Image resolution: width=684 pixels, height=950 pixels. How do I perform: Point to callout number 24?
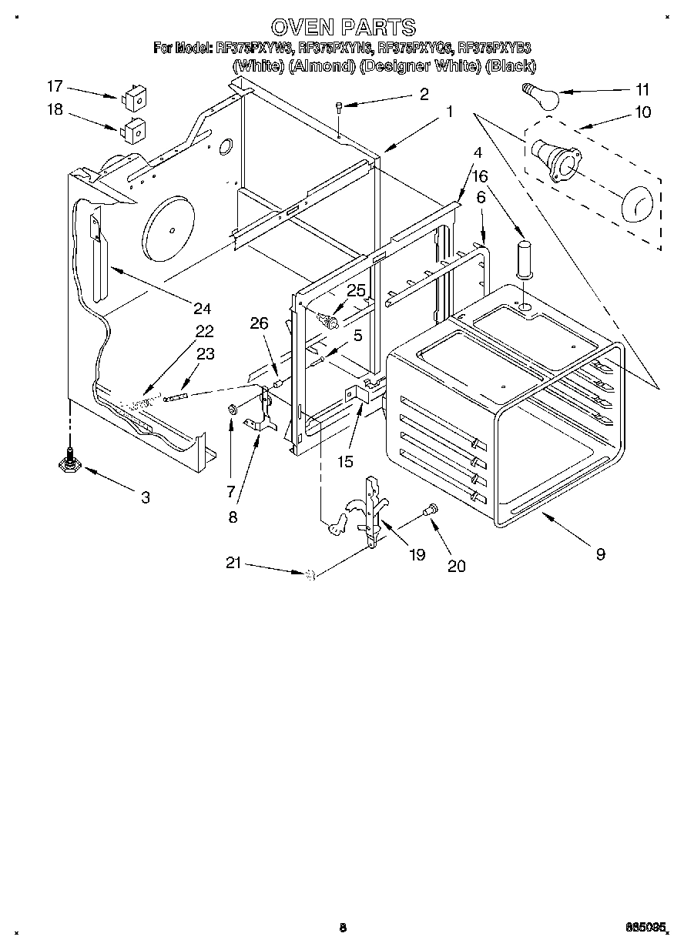202,309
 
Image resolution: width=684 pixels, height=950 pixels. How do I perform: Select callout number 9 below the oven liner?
600,553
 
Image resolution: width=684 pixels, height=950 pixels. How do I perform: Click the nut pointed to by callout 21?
311,573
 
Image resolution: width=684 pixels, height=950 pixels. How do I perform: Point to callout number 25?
356,290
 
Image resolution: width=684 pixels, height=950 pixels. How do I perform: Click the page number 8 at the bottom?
342,928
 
